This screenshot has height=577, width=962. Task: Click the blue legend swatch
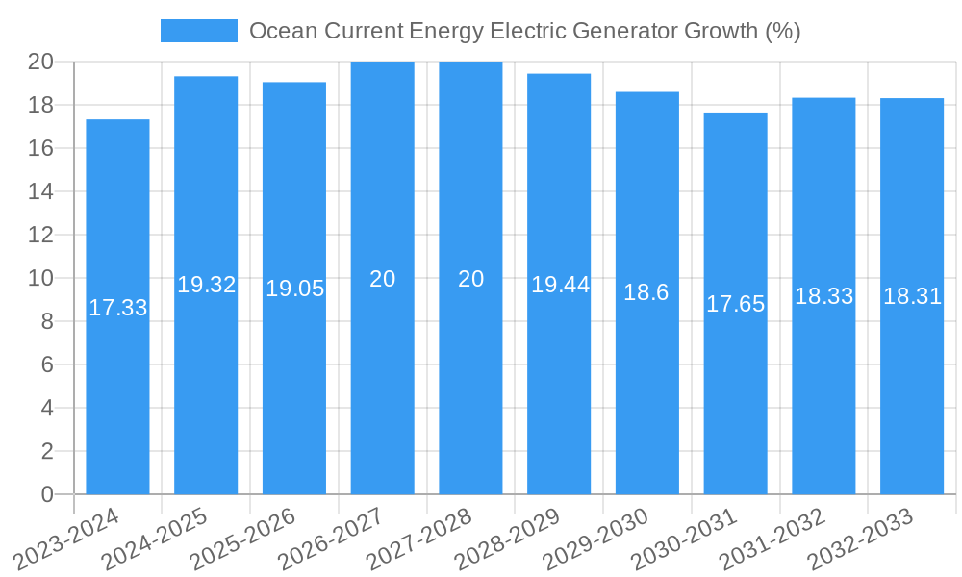[x=198, y=31]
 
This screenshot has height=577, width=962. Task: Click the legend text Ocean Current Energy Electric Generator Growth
[x=524, y=31]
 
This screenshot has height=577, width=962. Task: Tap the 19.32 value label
[x=207, y=285]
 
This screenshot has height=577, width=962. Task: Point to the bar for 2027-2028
[x=470, y=385]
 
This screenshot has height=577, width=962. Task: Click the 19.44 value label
[x=560, y=285]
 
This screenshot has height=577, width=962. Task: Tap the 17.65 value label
[x=736, y=304]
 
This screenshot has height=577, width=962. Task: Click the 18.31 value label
[x=912, y=296]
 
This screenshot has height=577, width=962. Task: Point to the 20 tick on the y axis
[x=40, y=62]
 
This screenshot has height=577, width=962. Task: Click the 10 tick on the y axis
[x=40, y=278]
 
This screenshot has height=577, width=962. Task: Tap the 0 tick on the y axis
[x=47, y=494]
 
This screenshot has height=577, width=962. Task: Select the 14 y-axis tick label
[x=40, y=191]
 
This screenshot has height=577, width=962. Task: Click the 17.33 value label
[x=118, y=308]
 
